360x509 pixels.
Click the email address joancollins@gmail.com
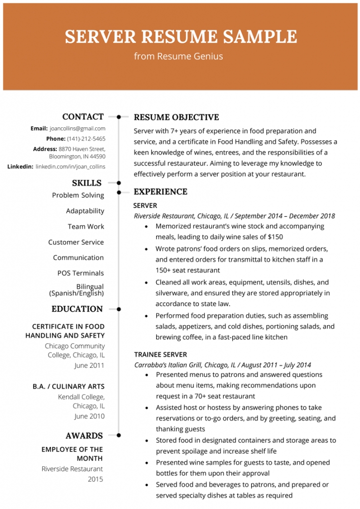click(x=77, y=128)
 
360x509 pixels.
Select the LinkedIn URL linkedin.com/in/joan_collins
click(x=71, y=167)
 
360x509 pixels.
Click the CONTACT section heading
click(x=83, y=117)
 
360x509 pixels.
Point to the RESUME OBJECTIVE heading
click(x=176, y=117)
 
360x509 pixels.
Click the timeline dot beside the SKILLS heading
click(x=118, y=183)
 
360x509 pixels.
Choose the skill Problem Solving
click(x=78, y=195)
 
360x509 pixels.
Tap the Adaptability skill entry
click(x=85, y=211)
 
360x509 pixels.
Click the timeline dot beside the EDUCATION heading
click(x=118, y=309)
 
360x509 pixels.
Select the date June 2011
click(x=89, y=365)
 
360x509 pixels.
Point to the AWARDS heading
click(x=84, y=436)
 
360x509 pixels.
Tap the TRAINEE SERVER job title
click(x=160, y=354)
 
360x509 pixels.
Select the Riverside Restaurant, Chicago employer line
click(x=234, y=216)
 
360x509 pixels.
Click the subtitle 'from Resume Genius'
click(x=179, y=56)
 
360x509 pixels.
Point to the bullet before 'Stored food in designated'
click(x=146, y=440)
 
